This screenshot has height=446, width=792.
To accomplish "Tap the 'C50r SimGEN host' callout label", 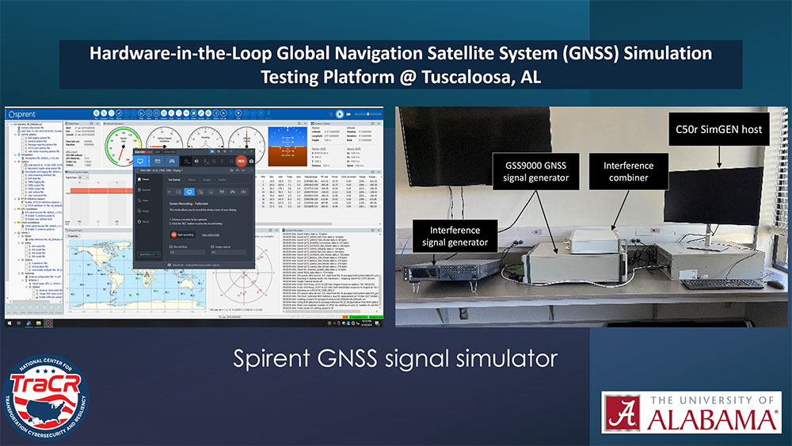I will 719,129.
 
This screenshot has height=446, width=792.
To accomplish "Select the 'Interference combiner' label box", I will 630,172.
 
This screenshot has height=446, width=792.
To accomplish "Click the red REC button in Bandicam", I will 241,161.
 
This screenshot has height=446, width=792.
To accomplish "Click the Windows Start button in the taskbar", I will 9,323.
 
